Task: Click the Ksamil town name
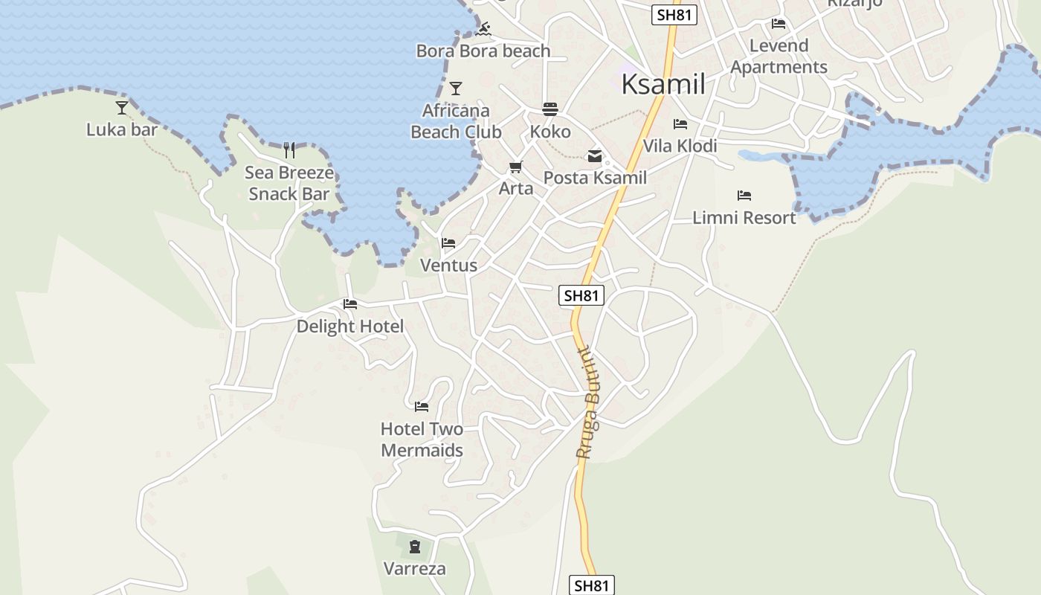[x=663, y=84]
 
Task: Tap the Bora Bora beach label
[x=483, y=51]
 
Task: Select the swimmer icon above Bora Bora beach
[x=483, y=29]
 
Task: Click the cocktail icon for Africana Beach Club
[x=456, y=89]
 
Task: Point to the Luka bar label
[x=122, y=129]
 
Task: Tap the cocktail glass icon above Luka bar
[x=122, y=108]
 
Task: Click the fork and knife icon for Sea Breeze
[x=289, y=150]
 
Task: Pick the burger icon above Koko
[x=550, y=110]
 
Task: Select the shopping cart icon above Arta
[x=515, y=167]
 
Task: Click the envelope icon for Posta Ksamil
[x=595, y=156]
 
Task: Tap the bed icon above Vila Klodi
[x=680, y=124]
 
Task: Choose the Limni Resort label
[x=744, y=218]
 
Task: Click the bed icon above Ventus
[x=448, y=243]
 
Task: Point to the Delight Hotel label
[x=350, y=327]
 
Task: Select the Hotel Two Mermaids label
[x=422, y=440]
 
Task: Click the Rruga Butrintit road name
[x=588, y=402]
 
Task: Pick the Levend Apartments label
[x=779, y=57]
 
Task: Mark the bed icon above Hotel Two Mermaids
[x=422, y=407]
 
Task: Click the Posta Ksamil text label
[x=595, y=178]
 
